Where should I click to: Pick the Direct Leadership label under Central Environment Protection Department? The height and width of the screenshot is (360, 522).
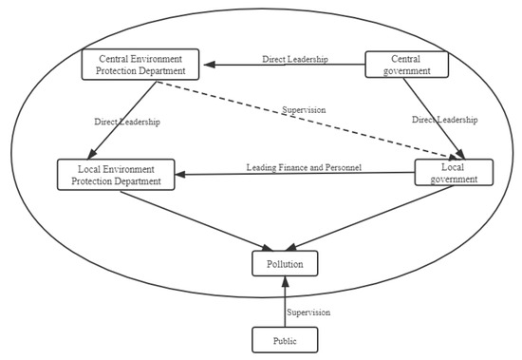point(126,122)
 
